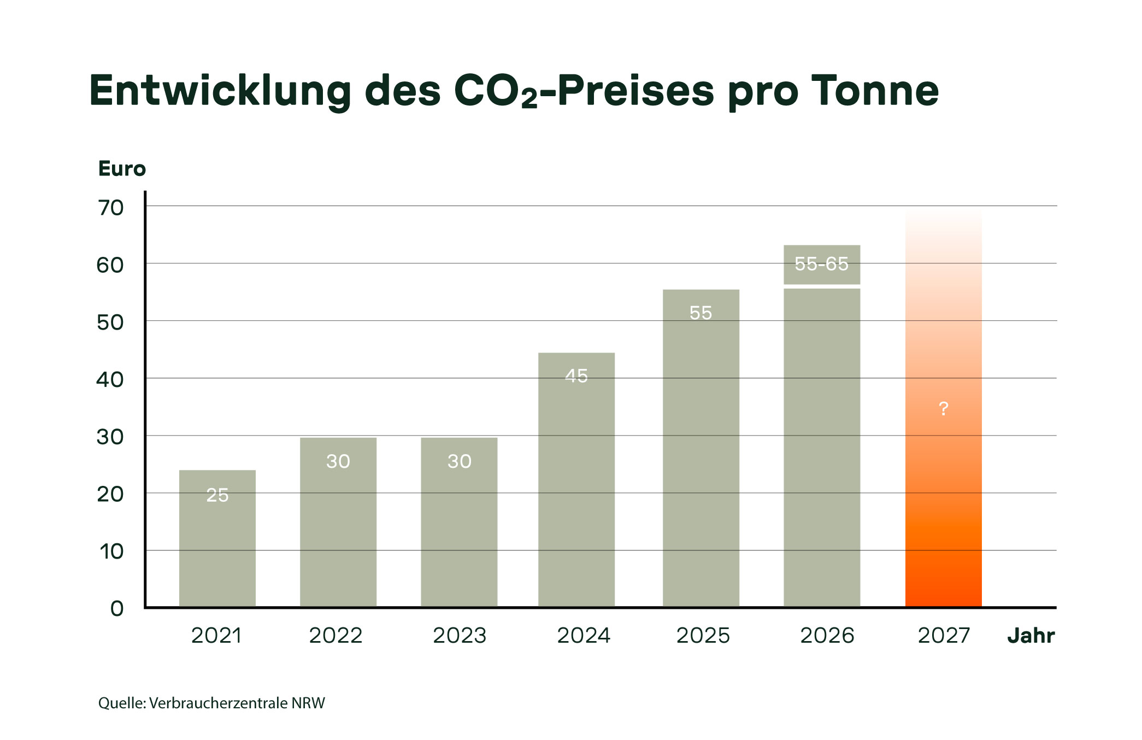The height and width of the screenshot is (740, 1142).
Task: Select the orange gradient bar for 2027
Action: (x=943, y=492)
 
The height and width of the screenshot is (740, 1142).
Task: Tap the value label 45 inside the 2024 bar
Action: (x=576, y=376)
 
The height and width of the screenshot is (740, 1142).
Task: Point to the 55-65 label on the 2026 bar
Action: (x=821, y=264)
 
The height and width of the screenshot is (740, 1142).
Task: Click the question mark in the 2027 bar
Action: (x=943, y=408)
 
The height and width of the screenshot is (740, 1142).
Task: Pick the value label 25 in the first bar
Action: (x=217, y=495)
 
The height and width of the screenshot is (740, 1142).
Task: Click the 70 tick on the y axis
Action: (x=111, y=208)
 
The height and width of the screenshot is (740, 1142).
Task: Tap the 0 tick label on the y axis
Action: (x=117, y=608)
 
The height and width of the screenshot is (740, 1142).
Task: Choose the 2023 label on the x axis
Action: (x=459, y=636)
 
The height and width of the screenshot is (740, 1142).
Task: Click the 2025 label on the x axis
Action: (x=703, y=636)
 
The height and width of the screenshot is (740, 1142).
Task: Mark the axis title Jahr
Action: (x=1031, y=636)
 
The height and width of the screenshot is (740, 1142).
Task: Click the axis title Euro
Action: (x=122, y=169)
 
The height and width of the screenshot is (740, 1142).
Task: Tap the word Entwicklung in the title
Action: (x=220, y=91)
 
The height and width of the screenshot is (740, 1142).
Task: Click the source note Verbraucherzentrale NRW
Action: (x=236, y=703)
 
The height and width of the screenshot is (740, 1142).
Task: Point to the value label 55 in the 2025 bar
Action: (x=700, y=313)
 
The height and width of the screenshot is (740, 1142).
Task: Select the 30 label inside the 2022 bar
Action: (x=338, y=462)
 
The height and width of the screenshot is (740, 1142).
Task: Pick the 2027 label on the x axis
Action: (x=943, y=636)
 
